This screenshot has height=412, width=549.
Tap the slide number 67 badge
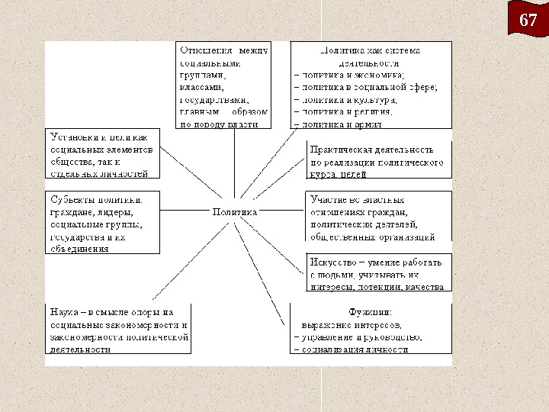click(528, 21)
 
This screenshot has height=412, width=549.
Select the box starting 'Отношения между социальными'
click(223, 82)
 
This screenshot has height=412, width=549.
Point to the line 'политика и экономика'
click(355, 75)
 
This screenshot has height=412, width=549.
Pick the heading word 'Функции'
click(371, 312)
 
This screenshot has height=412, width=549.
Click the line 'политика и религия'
click(348, 111)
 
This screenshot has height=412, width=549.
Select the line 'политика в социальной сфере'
click(369, 87)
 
